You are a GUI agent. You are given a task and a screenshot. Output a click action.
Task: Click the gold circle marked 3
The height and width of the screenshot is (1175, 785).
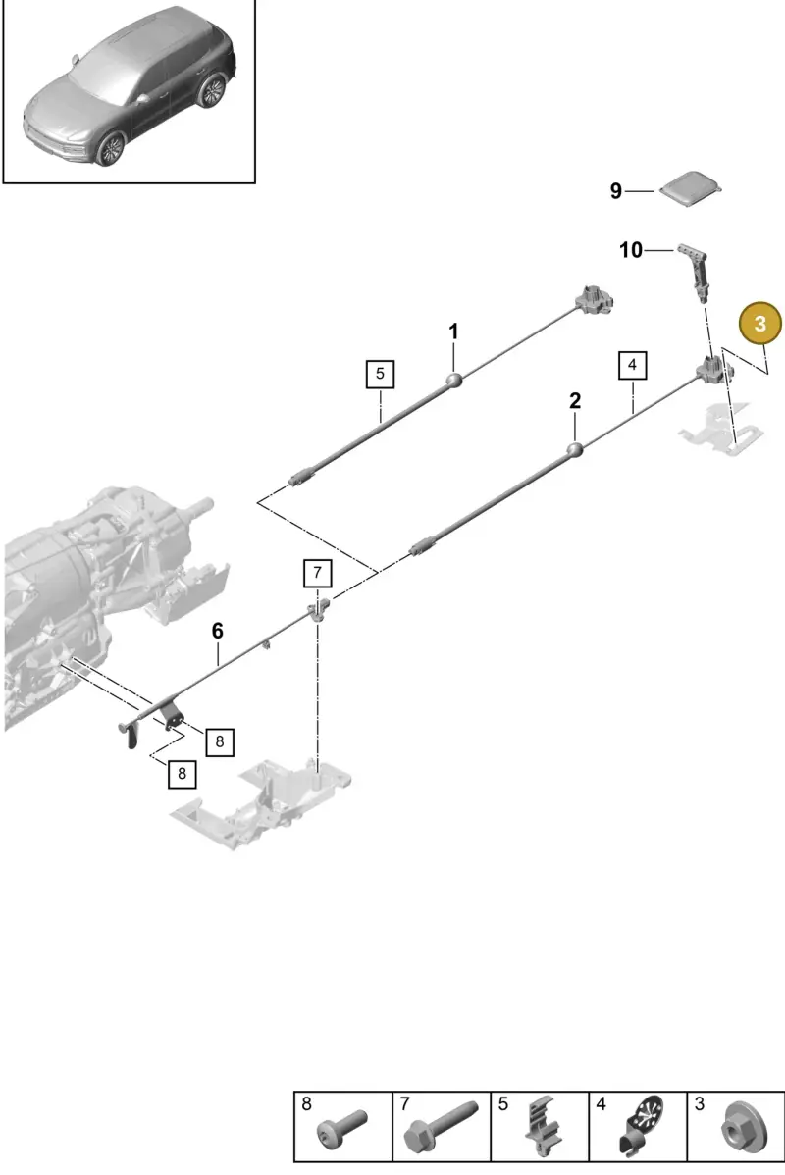760,324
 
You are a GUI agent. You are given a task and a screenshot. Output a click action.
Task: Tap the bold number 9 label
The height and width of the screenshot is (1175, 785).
615,191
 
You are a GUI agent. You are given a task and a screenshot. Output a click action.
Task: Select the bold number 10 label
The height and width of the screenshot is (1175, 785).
631,249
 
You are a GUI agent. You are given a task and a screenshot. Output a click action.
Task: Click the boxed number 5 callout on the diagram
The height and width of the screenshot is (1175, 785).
380,373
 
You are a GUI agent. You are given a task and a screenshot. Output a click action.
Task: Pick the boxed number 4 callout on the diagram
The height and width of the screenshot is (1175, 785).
632,365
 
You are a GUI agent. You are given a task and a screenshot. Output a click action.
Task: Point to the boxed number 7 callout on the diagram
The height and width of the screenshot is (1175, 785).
317,573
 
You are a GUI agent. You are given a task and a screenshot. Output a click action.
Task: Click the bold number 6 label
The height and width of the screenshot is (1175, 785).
218,631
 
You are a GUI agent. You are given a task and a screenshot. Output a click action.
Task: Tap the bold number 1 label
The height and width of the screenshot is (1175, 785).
453,332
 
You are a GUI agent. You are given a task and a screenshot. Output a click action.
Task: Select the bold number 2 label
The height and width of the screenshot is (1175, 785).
575,401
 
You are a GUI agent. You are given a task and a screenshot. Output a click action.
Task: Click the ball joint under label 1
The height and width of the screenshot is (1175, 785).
453,381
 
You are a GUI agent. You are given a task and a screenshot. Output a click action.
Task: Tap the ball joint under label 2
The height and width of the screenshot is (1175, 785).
575,451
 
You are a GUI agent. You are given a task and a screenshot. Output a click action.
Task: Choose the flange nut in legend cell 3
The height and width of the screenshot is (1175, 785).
739,1128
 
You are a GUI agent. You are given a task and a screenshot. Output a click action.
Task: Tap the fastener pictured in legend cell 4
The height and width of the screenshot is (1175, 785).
642,1126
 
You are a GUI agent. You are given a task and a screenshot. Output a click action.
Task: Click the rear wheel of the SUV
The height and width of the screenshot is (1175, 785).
212,90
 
